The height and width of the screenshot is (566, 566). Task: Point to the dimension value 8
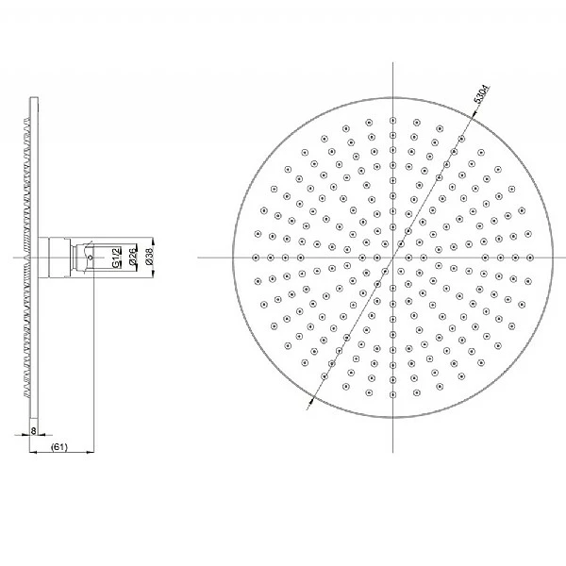[x=35, y=430]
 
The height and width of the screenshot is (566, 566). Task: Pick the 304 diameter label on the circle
[x=482, y=94]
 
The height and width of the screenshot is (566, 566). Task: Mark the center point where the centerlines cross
[x=391, y=257]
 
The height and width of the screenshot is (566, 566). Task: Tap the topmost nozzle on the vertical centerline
[x=391, y=120]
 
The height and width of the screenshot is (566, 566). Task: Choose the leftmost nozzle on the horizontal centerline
[x=256, y=257]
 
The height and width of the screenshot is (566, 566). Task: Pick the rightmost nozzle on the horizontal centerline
[x=527, y=257]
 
